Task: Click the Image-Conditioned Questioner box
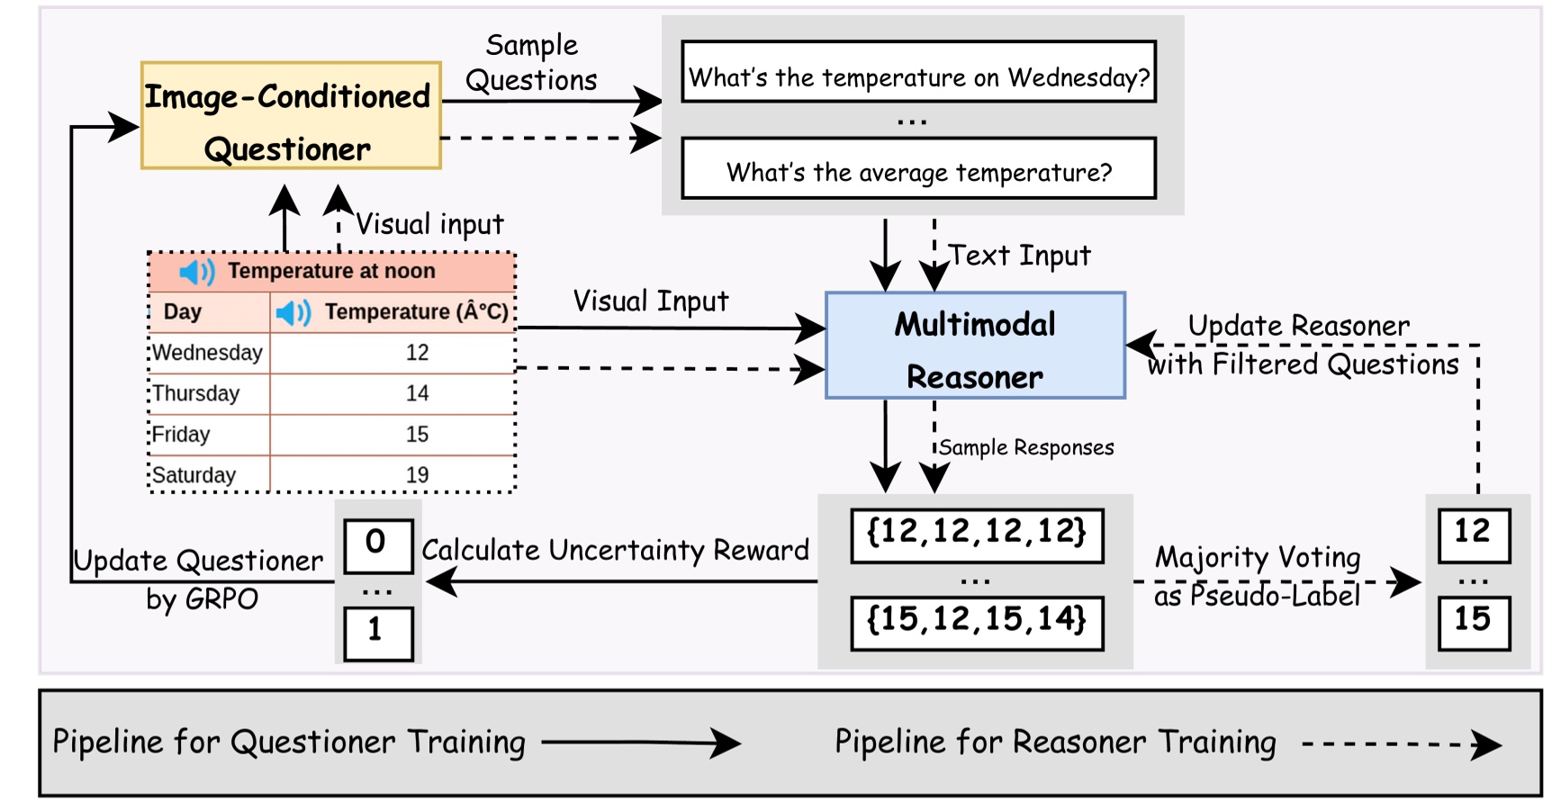pos(291,115)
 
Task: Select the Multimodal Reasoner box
pos(975,346)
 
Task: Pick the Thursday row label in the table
pos(196,393)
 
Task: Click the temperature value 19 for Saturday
pos(417,474)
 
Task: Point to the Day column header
pos(183,312)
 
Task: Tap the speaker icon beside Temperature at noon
pos(196,271)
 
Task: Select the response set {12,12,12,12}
pos(977,533)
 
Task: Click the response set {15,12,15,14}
pos(977,620)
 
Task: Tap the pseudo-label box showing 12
pos(1473,533)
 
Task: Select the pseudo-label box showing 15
pos(1473,620)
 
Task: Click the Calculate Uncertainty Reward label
pos(615,550)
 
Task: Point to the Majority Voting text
pos(1258,557)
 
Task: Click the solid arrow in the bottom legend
pos(640,743)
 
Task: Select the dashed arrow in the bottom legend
pos(1401,744)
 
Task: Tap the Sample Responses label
pos(1026,447)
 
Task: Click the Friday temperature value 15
pos(417,435)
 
